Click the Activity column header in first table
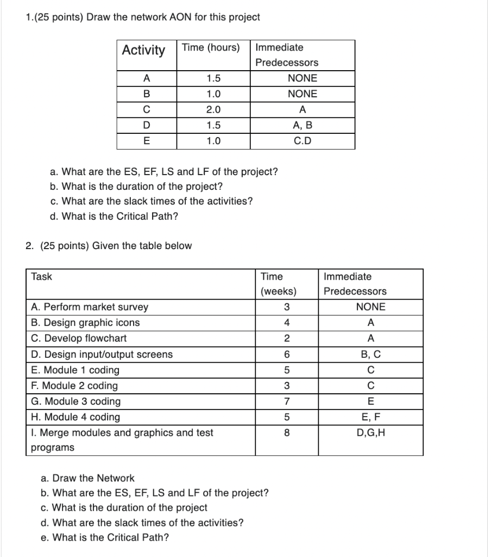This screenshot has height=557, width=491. [143, 51]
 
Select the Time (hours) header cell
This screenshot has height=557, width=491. [211, 48]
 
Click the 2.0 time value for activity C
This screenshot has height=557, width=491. [213, 110]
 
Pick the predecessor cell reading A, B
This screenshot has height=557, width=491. [303, 126]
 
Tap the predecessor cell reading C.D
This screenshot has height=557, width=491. [303, 141]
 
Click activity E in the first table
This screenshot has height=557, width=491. [146, 141]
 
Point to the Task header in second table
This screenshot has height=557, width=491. [42, 276]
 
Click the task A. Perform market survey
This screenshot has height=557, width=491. [90, 307]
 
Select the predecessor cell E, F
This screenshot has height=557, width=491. [371, 417]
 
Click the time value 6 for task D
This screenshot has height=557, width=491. [286, 355]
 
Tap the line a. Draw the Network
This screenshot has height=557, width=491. [87, 478]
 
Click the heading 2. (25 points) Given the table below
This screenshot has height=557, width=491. [109, 246]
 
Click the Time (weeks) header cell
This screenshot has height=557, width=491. [279, 284]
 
